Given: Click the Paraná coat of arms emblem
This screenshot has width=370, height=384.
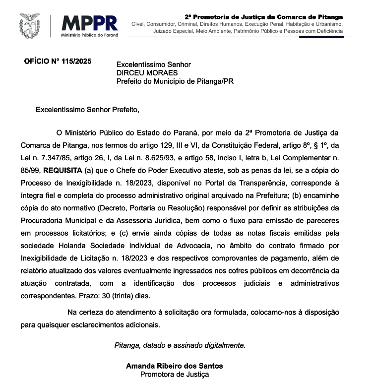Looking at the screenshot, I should coord(30,26).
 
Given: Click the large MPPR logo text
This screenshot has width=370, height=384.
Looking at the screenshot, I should coord(90,23).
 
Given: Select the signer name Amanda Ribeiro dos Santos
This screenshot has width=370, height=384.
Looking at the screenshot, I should coord(174,366).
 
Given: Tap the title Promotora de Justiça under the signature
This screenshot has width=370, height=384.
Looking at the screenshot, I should coord(174,375).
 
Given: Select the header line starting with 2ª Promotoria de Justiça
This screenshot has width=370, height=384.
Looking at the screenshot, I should coord(263,17).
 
